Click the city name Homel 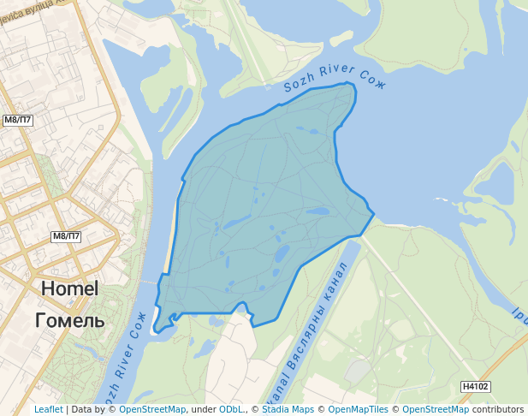70,289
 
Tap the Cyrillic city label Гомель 70,321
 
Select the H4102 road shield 475,387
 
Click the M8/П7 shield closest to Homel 66,236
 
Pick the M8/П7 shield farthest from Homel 18,121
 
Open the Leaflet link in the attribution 48,410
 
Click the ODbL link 231,410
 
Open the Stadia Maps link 288,410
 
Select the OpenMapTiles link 358,410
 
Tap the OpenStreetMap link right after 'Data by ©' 152,410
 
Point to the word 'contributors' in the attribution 498,410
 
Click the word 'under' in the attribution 203,410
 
